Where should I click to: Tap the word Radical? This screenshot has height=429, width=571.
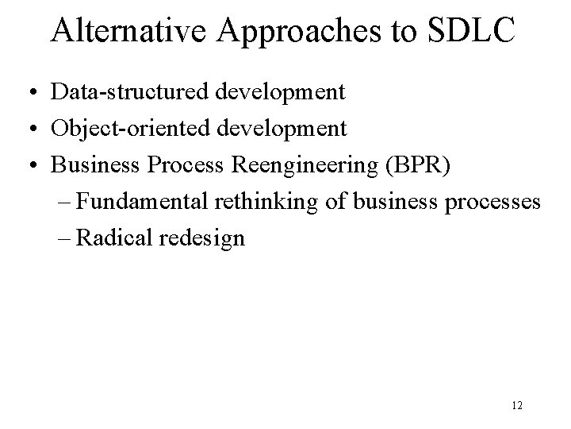pos(116,238)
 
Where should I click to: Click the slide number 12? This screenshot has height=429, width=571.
pos(517,406)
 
